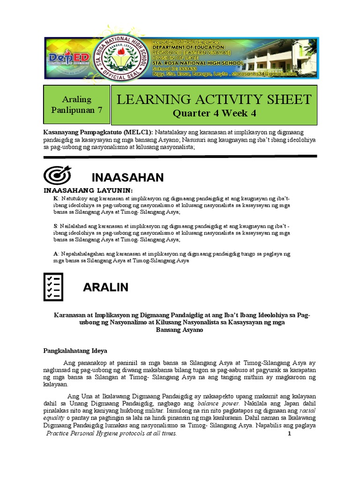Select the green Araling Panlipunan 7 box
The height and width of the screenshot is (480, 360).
[x=76, y=105]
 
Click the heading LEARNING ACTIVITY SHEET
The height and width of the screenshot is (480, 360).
[x=214, y=99]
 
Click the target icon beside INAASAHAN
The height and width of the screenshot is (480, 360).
[x=57, y=175]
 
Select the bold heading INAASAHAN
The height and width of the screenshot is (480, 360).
[x=127, y=178]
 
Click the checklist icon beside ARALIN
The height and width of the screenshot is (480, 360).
[x=53, y=286]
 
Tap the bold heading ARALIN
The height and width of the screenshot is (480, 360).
[x=105, y=287]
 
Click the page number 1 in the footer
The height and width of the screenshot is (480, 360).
[x=289, y=434]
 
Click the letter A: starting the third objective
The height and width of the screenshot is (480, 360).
[x=56, y=254]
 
